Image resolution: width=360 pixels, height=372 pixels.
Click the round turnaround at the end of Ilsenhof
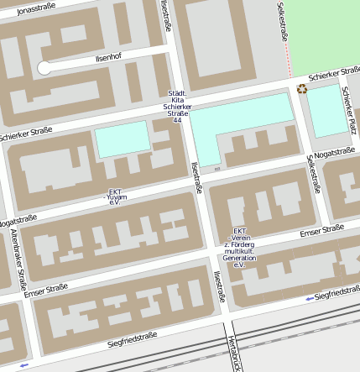click(44, 68)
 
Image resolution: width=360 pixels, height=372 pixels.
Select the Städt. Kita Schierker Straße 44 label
click(176, 107)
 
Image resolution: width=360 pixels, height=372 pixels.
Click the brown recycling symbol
click(301, 88)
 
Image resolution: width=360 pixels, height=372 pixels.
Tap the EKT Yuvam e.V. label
click(115, 196)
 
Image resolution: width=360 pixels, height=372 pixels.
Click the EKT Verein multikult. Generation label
click(238, 248)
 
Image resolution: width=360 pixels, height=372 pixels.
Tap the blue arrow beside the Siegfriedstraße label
click(310, 298)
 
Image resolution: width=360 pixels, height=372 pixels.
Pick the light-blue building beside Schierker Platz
click(325, 109)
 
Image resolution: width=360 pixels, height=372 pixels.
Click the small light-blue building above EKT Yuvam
click(122, 139)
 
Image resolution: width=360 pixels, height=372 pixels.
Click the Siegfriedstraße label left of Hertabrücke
click(133, 339)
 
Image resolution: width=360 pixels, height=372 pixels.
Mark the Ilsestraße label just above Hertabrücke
click(219, 286)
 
